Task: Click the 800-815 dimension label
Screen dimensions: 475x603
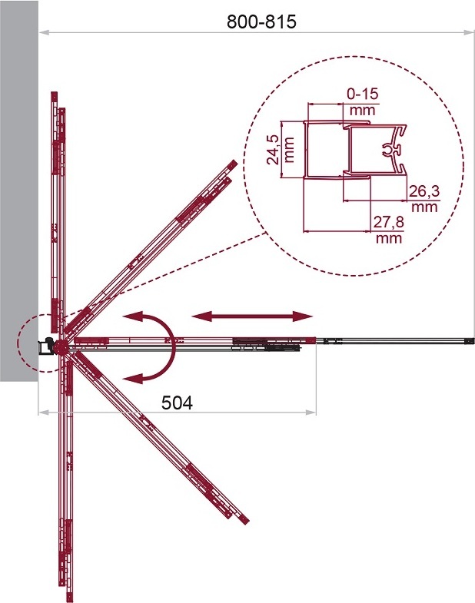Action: pyautogui.click(x=261, y=22)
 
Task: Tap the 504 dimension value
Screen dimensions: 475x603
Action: pyautogui.click(x=177, y=403)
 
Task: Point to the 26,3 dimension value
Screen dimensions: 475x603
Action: pyautogui.click(x=424, y=191)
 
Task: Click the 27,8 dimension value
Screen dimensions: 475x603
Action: pyautogui.click(x=389, y=222)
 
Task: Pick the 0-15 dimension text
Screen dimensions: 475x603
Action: pyautogui.click(x=363, y=94)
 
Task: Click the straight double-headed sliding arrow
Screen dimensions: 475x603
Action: pyautogui.click(x=252, y=316)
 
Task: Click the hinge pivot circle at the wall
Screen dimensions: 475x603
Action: pyautogui.click(x=61, y=347)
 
